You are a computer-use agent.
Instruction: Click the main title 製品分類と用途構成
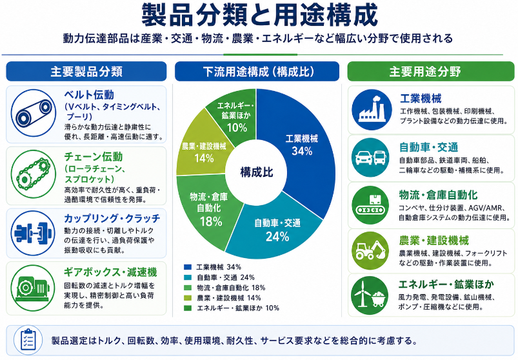click(260, 15)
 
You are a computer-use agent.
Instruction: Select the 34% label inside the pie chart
click(302, 151)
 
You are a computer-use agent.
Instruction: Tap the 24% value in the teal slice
click(277, 237)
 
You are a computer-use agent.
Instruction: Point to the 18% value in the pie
click(211, 221)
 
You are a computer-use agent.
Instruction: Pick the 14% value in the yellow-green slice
click(204, 158)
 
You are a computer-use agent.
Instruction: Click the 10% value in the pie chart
click(237, 128)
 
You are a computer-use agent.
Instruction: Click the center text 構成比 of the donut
click(257, 172)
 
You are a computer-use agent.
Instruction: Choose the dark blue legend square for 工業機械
click(188, 267)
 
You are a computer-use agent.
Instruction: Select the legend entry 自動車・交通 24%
click(226, 277)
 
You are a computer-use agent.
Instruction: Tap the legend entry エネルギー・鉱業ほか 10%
click(238, 308)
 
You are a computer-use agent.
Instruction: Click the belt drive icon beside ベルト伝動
click(34, 113)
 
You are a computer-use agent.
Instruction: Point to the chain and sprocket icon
click(34, 174)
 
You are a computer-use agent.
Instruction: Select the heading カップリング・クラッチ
click(112, 218)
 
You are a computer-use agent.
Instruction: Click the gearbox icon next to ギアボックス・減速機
click(33, 288)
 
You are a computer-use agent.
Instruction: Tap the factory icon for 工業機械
click(372, 110)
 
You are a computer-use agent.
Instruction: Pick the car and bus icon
click(370, 157)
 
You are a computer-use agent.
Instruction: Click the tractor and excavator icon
click(370, 251)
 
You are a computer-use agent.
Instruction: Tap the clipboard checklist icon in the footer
click(28, 340)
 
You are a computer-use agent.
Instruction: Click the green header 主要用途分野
click(425, 72)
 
